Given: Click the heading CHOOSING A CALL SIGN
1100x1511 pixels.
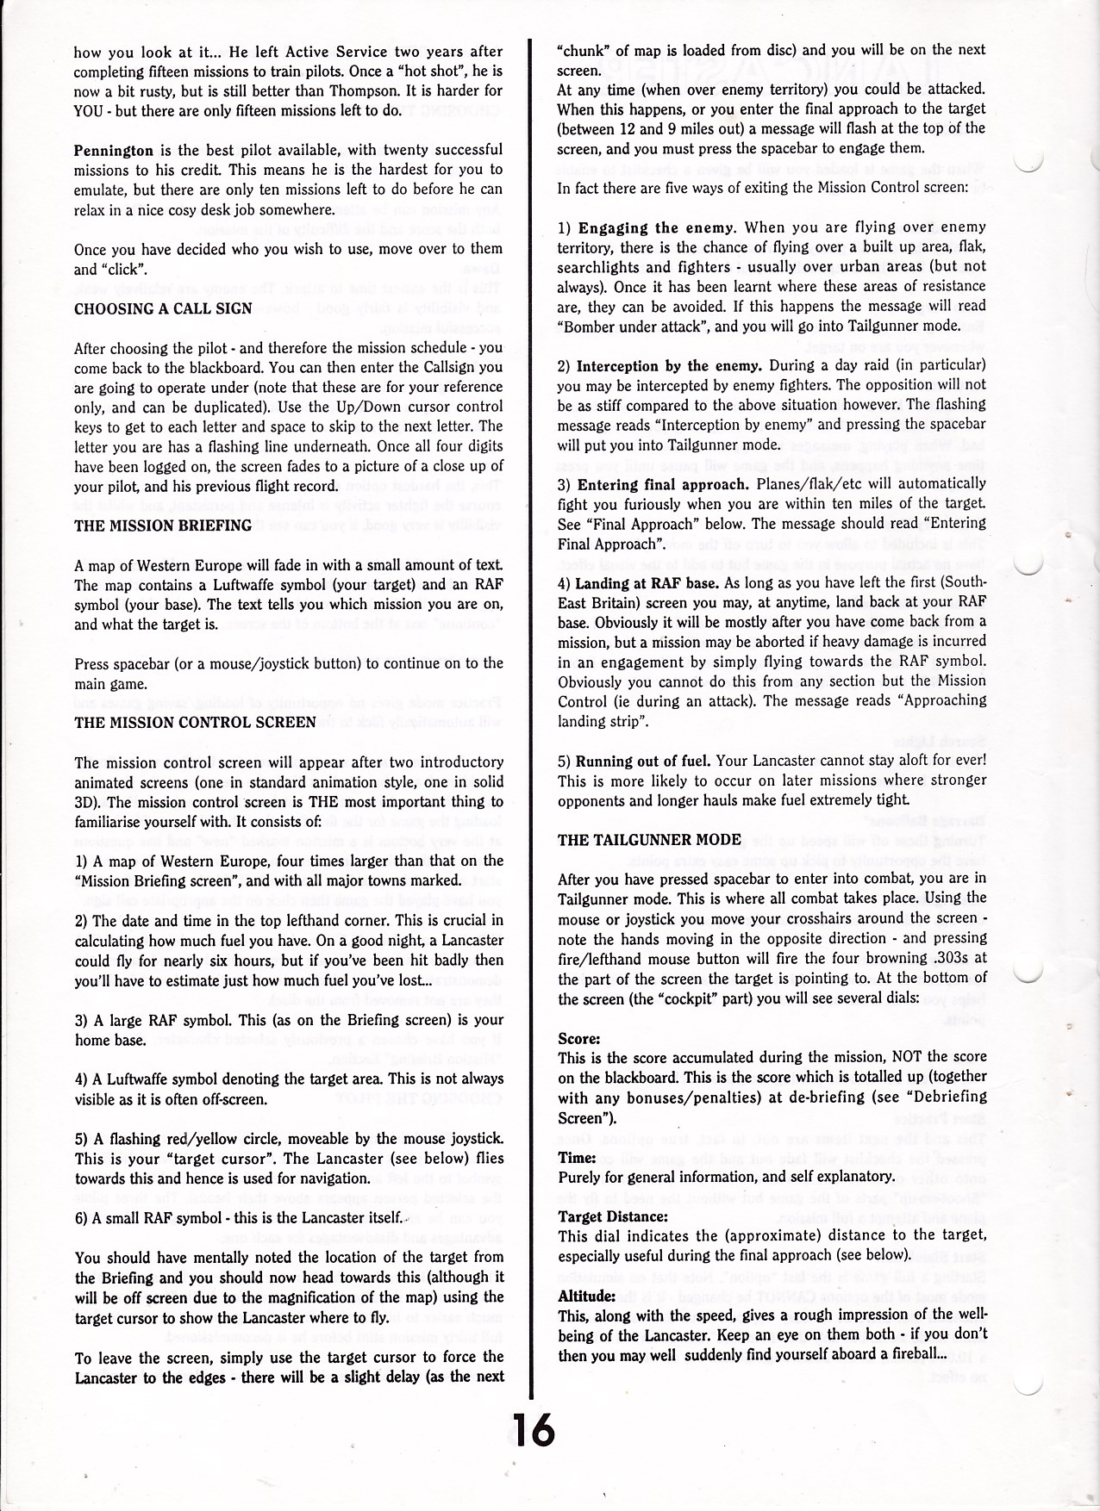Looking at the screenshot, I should pos(163,308).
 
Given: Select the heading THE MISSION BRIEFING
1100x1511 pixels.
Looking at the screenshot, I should pos(162,525).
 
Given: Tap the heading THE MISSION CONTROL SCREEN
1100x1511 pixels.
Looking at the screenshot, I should pos(195,723).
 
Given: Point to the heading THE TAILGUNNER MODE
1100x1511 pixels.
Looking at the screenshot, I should pos(649,840).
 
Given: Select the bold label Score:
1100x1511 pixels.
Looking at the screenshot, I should pos(578,1038).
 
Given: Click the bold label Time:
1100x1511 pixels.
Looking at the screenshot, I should pos(577,1157).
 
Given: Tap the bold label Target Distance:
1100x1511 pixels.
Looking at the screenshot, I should pos(613,1216).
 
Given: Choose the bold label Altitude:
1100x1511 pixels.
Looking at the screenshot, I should pos(585,1296).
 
